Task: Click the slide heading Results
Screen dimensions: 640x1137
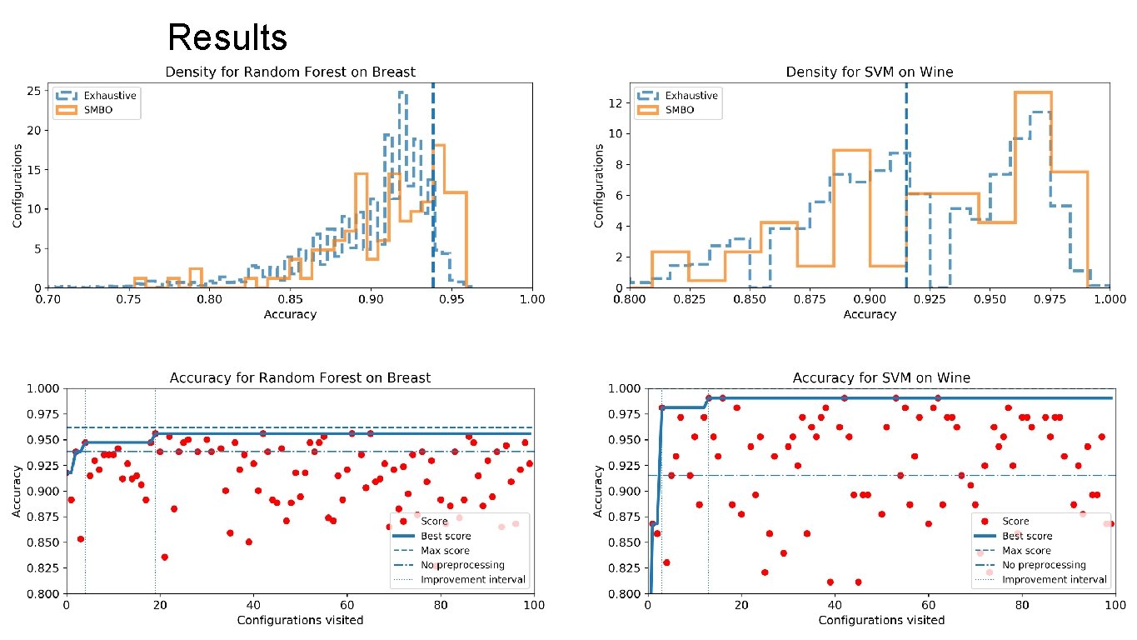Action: point(227,37)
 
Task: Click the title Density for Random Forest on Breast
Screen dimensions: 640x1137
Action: point(291,72)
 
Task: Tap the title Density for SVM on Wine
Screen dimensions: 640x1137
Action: point(869,72)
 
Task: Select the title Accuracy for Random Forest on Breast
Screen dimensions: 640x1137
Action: point(300,377)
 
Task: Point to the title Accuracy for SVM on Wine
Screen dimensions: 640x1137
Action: point(881,377)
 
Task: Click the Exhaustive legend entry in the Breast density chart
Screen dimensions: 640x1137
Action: point(110,96)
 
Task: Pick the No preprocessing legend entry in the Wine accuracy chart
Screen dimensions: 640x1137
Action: point(1044,565)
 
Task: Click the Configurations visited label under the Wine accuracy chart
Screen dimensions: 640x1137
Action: point(881,620)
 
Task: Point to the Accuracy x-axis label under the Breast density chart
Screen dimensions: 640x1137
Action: point(290,314)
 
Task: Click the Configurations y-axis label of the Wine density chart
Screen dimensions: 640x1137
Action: point(599,185)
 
